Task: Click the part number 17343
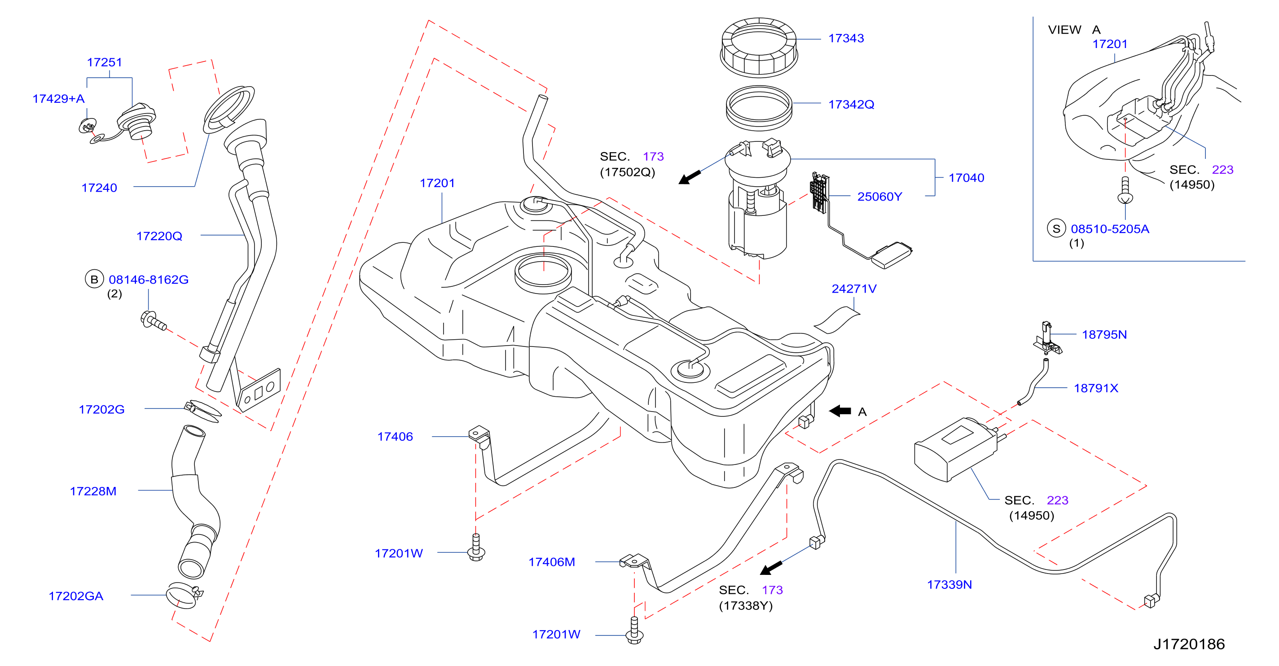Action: point(846,38)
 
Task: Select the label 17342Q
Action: point(851,104)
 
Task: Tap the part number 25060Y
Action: point(879,197)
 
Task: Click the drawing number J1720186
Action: point(1189,644)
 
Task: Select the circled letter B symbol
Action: point(94,280)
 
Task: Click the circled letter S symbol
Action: point(1056,229)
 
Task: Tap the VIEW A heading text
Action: point(1074,30)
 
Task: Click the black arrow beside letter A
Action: point(840,411)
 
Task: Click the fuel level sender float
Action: point(892,255)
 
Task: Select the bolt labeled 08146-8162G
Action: point(154,320)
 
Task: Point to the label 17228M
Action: point(93,491)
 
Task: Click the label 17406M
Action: point(552,562)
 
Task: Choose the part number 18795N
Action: point(1104,334)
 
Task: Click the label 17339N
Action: point(949,585)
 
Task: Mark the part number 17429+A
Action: point(59,99)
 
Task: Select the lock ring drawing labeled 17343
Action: point(759,48)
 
